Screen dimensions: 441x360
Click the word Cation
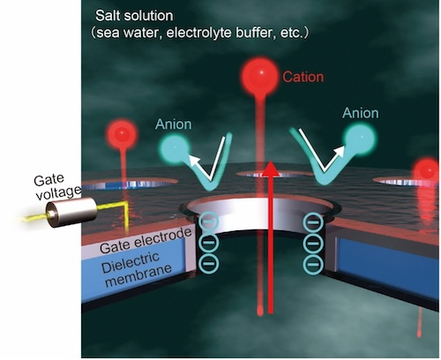tap(303, 77)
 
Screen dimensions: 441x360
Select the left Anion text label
tap(174, 124)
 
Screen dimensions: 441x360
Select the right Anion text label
tap(361, 113)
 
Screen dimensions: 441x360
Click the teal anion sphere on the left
tap(175, 148)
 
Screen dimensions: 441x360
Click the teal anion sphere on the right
tap(360, 139)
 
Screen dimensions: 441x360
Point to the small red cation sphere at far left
tap(122, 135)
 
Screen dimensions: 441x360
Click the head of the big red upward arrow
tap(271, 169)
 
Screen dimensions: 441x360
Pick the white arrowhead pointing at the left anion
tap(193, 161)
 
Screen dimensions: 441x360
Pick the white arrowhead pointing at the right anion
tap(340, 150)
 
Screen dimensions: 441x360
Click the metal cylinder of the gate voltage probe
tap(71, 212)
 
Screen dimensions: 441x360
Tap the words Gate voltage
tap(56, 187)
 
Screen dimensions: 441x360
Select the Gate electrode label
tap(146, 241)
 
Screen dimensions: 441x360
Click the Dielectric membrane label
tap(136, 269)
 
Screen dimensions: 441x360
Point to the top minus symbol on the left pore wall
tap(209, 221)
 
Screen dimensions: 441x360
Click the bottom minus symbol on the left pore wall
tap(209, 263)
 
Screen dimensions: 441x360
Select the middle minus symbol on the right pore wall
tap(314, 244)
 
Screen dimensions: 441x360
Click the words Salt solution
tap(134, 16)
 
